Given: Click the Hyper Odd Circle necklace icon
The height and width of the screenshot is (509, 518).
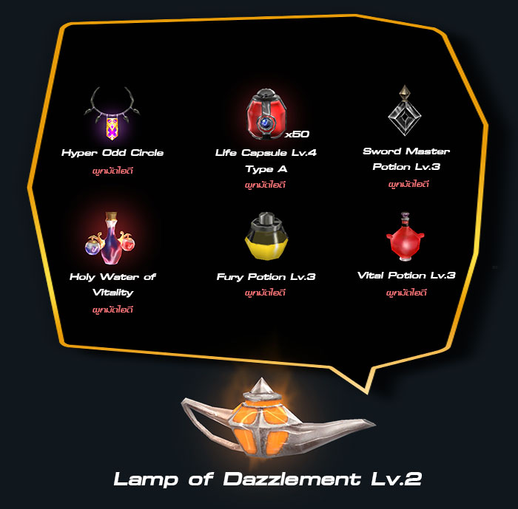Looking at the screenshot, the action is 112,114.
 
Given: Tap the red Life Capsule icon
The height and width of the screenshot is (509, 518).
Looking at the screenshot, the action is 266,115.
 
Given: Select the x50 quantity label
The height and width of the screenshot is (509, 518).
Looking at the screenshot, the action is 297,134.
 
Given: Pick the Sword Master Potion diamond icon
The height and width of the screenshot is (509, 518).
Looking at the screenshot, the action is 404,111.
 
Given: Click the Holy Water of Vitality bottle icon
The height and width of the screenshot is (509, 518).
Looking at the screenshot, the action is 110,238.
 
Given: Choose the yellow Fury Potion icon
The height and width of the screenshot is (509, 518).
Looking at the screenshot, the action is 266,236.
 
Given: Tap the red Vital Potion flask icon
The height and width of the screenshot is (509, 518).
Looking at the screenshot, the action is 406,236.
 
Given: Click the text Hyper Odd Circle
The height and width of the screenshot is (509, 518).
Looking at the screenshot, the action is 112,153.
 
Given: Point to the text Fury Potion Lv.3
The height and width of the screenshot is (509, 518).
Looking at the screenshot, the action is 266,277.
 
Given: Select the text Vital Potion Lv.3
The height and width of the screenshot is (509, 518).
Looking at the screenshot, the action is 406,276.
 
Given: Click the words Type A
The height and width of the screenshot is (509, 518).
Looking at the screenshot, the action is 266,169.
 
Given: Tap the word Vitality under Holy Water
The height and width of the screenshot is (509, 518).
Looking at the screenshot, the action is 113,293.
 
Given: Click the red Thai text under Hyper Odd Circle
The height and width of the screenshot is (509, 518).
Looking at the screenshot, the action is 112,171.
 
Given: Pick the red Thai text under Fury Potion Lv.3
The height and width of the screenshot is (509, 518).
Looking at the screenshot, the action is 265,293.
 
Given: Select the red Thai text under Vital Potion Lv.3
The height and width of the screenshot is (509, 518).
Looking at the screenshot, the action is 406,293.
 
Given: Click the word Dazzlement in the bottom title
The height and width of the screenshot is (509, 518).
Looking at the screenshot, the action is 292,479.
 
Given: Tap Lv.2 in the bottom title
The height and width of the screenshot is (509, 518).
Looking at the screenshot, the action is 397,479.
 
